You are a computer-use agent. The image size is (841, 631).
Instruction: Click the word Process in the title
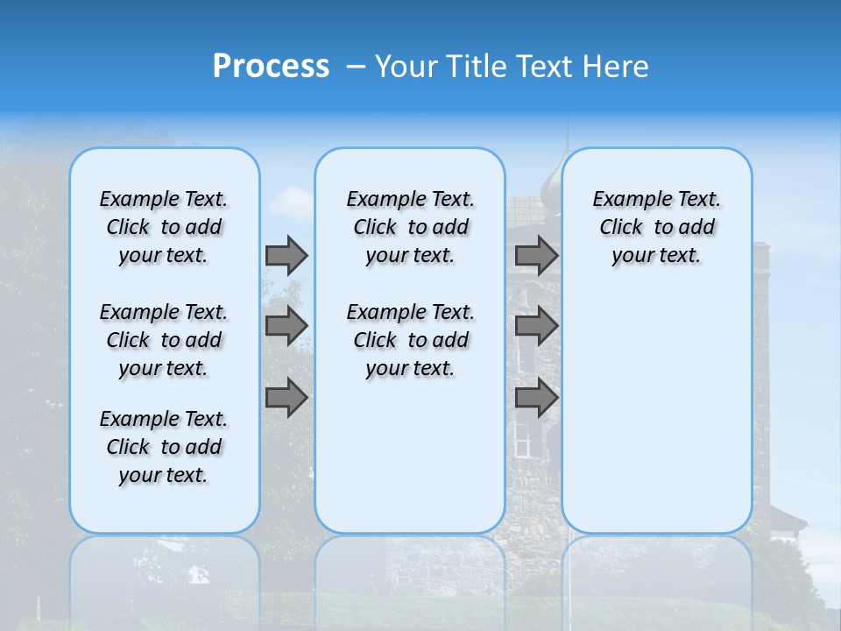tap(271, 67)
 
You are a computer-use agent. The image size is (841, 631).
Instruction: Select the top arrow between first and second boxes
tap(286, 256)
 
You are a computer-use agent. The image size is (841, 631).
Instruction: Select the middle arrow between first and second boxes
tap(286, 326)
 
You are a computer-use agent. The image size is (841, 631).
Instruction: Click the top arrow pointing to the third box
tap(536, 256)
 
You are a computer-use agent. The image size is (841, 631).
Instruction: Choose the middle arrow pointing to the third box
tap(536, 326)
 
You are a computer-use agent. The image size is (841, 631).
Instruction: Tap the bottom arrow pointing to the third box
tap(536, 399)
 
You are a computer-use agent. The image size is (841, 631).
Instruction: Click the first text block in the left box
tap(164, 227)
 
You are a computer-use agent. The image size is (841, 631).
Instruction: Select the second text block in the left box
tap(164, 340)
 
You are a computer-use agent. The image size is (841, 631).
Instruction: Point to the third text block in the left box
tap(164, 447)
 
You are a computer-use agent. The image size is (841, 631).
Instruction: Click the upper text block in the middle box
tap(410, 227)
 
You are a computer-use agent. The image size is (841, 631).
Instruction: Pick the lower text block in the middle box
tap(410, 340)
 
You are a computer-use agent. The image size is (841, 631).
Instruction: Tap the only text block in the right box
tap(656, 227)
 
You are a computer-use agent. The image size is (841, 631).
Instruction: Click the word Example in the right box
tap(626, 200)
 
